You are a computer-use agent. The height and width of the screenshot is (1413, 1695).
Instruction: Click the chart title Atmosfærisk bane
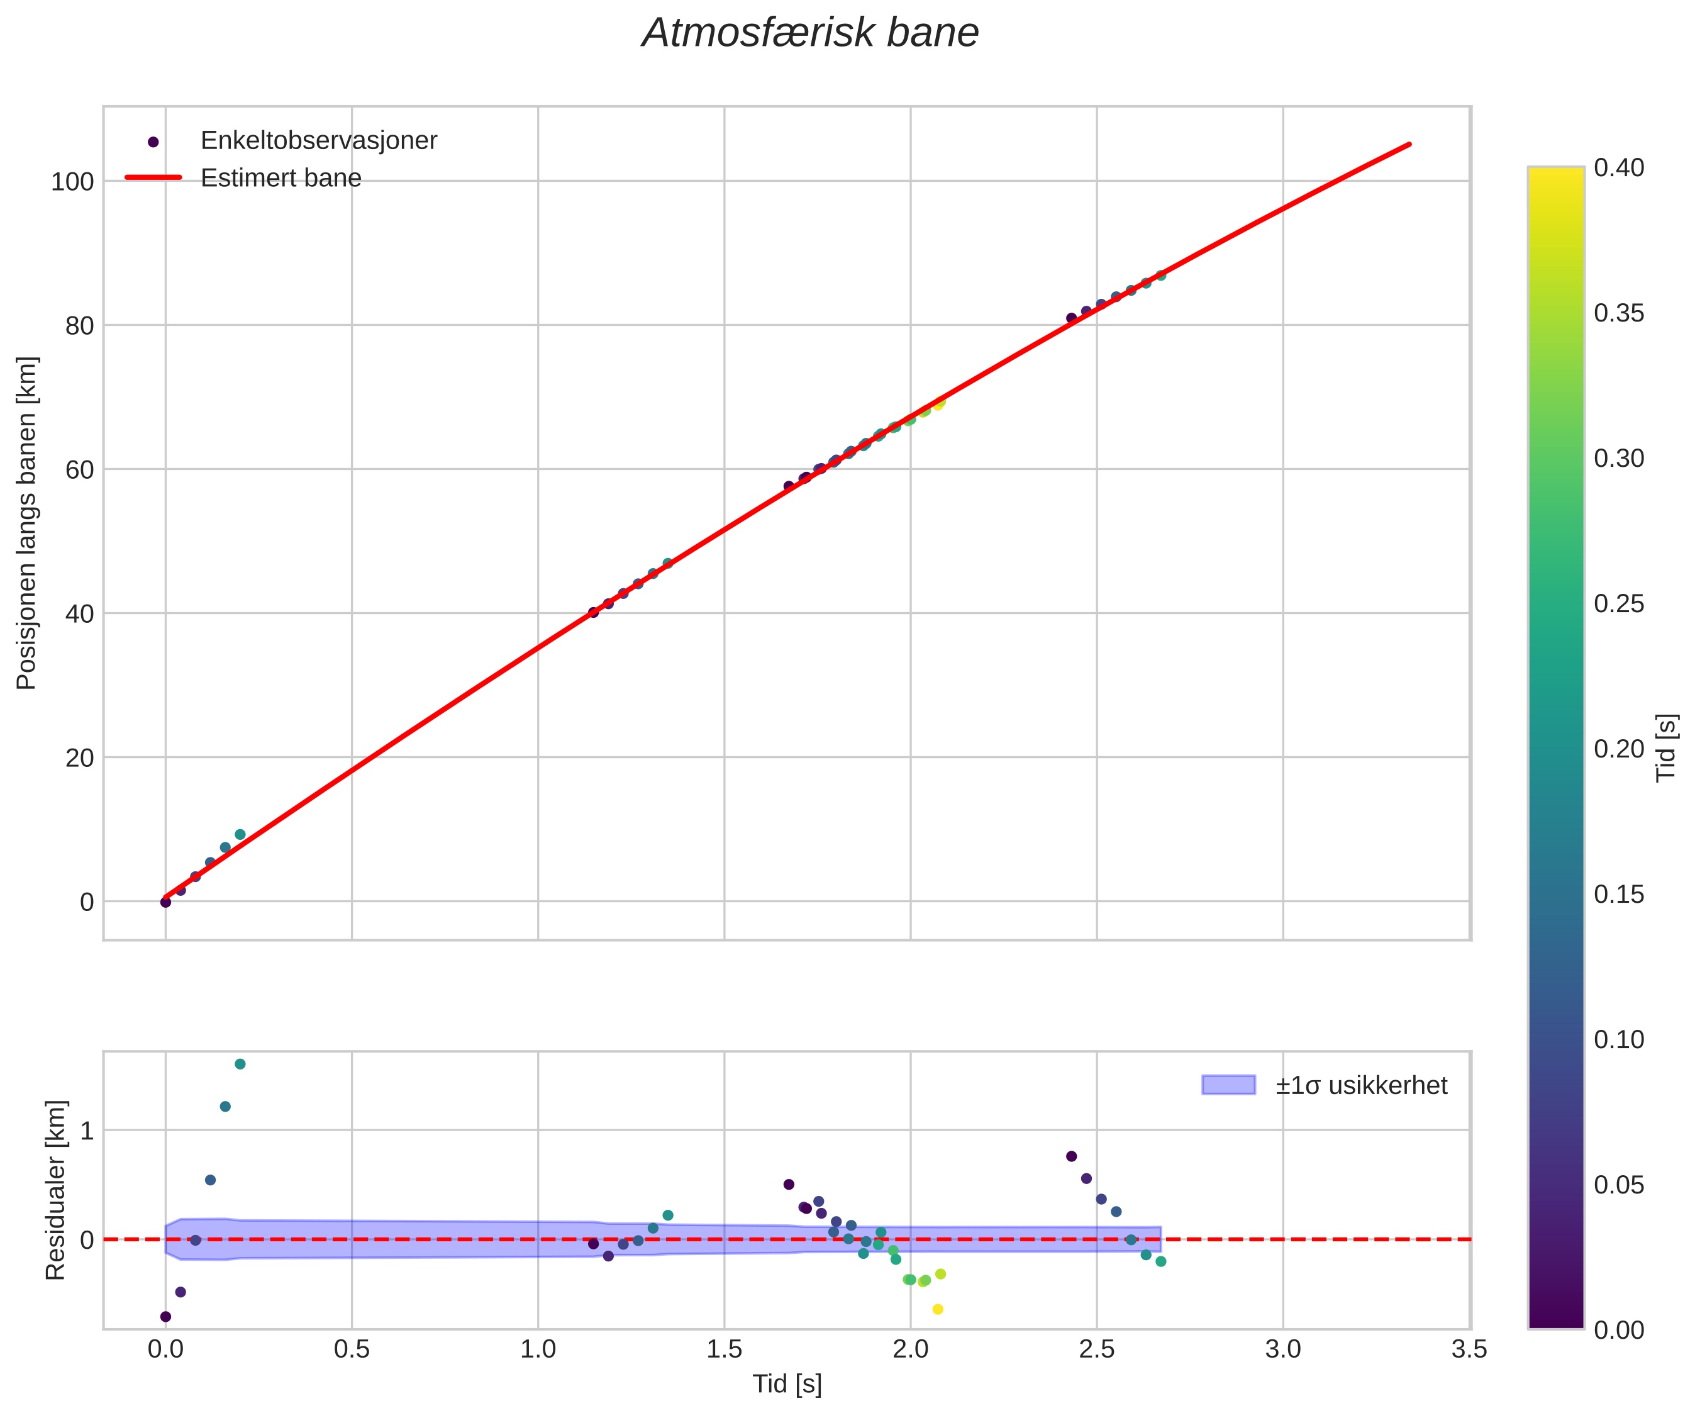tap(809, 34)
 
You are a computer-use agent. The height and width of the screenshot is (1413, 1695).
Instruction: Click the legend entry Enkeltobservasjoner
tap(318, 140)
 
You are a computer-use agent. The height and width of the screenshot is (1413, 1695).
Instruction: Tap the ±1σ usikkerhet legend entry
tap(1361, 1085)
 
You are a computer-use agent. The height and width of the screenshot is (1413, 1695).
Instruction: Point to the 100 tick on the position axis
tap(73, 182)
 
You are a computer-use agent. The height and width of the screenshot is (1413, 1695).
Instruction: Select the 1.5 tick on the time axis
tap(724, 1349)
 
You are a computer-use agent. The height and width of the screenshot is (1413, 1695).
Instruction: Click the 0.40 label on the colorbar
tap(1618, 168)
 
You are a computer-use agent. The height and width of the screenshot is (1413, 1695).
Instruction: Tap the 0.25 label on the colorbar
tap(1618, 604)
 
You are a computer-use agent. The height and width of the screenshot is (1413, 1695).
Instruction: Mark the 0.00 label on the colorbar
tap(1618, 1330)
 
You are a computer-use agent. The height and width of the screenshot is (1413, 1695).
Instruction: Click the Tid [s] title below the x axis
tap(787, 1384)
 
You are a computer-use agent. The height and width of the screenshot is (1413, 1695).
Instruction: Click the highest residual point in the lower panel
tap(240, 1064)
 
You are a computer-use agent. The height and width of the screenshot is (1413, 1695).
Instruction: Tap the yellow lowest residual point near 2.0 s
tap(937, 1309)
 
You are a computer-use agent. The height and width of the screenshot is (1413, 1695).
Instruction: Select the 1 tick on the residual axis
tap(86, 1131)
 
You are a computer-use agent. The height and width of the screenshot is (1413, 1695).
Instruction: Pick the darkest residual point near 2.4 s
tap(1071, 1156)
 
